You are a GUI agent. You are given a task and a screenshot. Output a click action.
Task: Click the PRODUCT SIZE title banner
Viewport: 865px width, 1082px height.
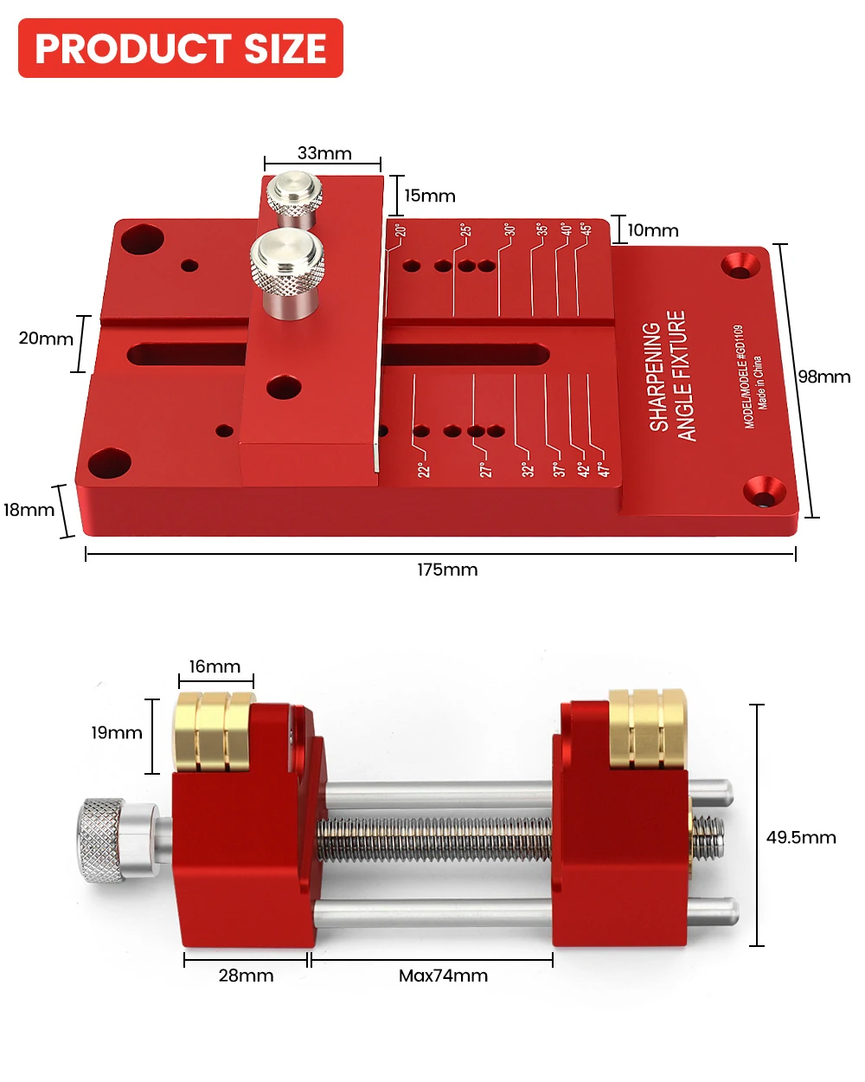coord(181,48)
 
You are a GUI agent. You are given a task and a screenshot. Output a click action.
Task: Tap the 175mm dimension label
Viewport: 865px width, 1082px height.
coord(447,570)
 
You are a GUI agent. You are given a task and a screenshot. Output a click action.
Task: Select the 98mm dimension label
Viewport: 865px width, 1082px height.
coord(823,377)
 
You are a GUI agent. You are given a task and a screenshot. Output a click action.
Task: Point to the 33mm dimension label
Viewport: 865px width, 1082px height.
coord(324,153)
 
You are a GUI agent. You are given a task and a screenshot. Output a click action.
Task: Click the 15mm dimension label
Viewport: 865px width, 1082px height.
coord(430,196)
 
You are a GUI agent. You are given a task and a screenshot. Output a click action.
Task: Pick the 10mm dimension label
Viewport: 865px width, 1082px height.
coord(653,230)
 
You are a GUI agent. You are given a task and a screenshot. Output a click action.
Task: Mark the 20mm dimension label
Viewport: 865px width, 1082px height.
coord(46,338)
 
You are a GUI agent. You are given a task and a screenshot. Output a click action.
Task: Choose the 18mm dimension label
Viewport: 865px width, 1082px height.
coord(29,510)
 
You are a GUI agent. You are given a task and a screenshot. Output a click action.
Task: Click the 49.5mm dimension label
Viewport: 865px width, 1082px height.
coord(801,837)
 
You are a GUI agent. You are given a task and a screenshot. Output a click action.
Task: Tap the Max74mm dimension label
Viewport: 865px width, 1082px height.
coord(443,976)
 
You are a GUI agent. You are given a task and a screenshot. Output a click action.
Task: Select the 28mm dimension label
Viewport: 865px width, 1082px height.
coord(246,976)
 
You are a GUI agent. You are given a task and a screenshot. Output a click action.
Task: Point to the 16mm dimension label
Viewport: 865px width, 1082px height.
coord(215,667)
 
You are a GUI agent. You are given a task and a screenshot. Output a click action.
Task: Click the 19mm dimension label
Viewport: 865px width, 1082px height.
coord(117,732)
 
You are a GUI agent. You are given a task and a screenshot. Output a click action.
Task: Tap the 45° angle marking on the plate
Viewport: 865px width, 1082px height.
coord(586,229)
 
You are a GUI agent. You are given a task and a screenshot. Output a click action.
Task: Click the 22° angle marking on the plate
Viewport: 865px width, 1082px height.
coord(424,469)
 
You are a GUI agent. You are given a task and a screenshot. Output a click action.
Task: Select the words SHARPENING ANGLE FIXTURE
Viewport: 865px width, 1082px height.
coord(667,377)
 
